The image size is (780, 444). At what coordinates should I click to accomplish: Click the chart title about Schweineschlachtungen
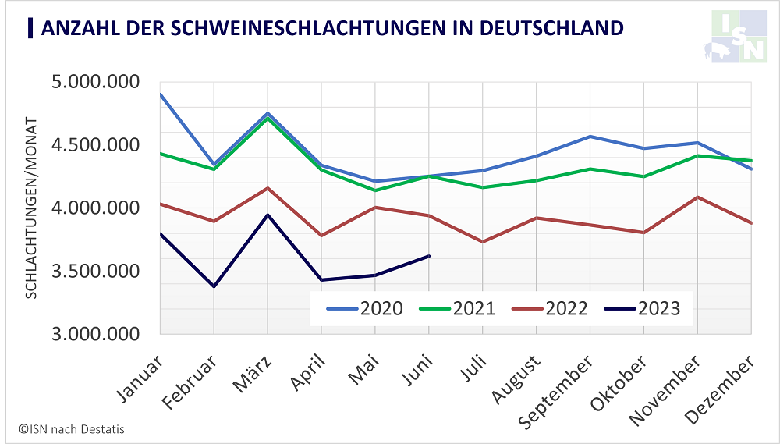(331, 28)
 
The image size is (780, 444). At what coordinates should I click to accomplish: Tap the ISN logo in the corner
(739, 36)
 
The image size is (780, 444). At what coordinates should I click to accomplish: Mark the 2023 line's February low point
(214, 286)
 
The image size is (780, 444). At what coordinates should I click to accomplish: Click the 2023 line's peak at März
(268, 215)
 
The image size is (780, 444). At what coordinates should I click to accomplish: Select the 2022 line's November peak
(697, 197)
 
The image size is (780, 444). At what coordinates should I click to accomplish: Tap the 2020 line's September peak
(590, 137)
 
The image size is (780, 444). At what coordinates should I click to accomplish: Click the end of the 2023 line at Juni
(430, 255)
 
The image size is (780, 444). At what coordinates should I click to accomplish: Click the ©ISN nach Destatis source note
(72, 428)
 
